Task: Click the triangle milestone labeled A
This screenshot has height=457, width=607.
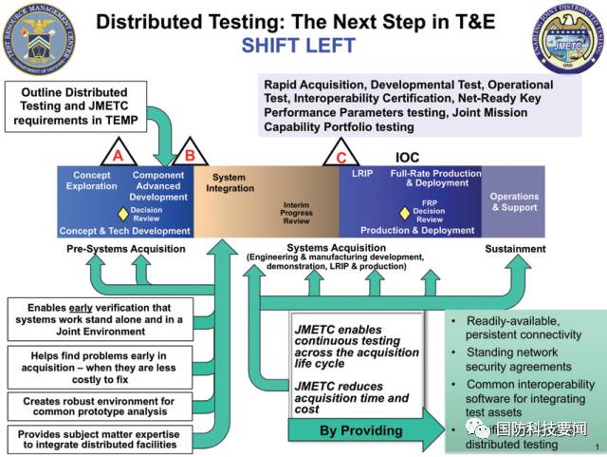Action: pyautogui.click(x=118, y=154)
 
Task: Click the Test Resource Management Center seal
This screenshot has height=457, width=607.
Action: pyautogui.click(x=40, y=40)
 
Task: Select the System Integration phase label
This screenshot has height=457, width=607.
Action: pyautogui.click(x=229, y=182)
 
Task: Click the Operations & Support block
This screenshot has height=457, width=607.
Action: pyautogui.click(x=514, y=201)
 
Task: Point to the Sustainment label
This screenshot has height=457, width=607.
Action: pyautogui.click(x=515, y=249)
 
